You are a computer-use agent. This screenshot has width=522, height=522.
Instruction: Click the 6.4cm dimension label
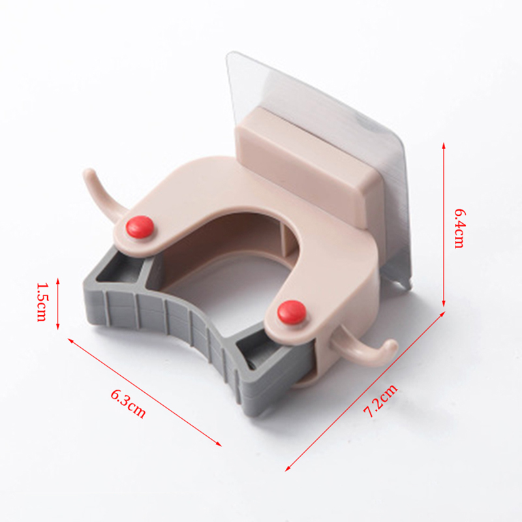(459, 228)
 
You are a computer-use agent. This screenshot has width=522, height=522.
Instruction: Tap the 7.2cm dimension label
(380, 401)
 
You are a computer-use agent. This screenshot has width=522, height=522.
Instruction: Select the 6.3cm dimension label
(128, 404)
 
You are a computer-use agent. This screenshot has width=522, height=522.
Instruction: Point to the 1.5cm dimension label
(42, 302)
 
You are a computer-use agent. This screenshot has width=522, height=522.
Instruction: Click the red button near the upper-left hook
(140, 227)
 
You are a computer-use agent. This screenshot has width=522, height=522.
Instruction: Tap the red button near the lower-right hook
(292, 313)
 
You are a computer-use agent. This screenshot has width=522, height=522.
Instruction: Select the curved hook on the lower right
(366, 350)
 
